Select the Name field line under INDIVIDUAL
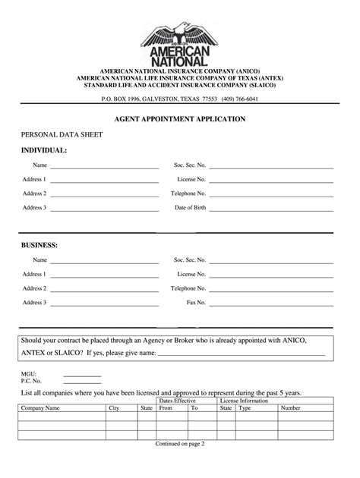[x=105, y=165]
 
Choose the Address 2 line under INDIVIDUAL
[x=105, y=194]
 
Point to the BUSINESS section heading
[x=39, y=245]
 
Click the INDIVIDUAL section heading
[x=44, y=150]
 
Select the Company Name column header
[x=41, y=408]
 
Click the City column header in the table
[x=115, y=408]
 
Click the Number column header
[x=291, y=408]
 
